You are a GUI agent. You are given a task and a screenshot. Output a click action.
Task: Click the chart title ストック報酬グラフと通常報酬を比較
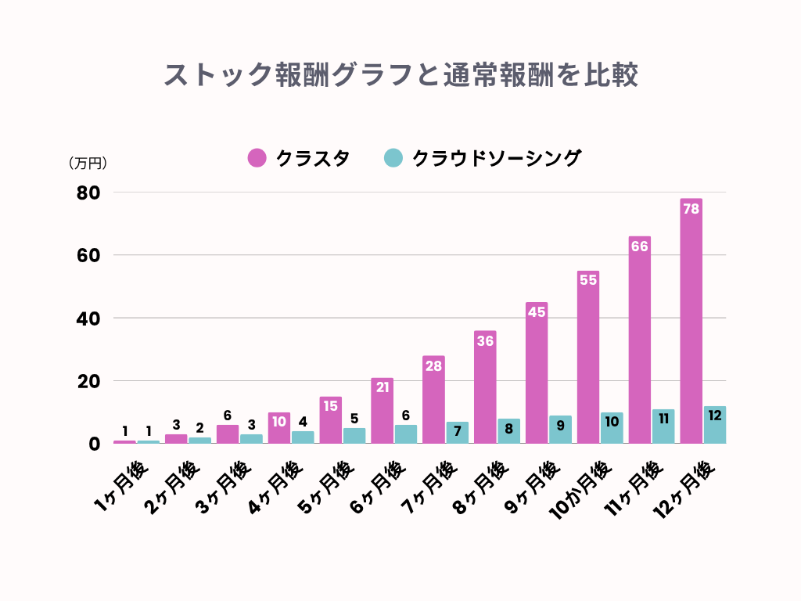(x=400, y=75)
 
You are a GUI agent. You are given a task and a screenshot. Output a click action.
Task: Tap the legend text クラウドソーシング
(x=497, y=158)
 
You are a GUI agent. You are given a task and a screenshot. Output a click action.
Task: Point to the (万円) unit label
(x=88, y=164)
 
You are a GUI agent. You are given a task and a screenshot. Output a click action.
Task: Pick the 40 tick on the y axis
(x=89, y=318)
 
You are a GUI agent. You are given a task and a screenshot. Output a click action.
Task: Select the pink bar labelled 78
(x=691, y=321)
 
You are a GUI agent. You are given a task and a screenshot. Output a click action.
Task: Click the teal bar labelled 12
(x=715, y=425)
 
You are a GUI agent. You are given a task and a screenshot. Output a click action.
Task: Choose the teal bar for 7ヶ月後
(x=458, y=433)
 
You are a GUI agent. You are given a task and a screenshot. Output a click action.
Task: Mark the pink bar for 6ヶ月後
(x=383, y=411)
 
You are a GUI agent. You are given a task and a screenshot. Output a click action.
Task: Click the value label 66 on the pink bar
(x=639, y=247)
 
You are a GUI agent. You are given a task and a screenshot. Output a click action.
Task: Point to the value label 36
(x=485, y=341)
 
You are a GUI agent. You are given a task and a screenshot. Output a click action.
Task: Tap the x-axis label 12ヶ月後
(x=683, y=491)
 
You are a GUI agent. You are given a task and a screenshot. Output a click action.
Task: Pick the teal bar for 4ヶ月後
(x=304, y=437)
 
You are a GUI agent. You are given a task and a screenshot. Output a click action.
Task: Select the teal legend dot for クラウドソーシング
(x=393, y=158)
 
